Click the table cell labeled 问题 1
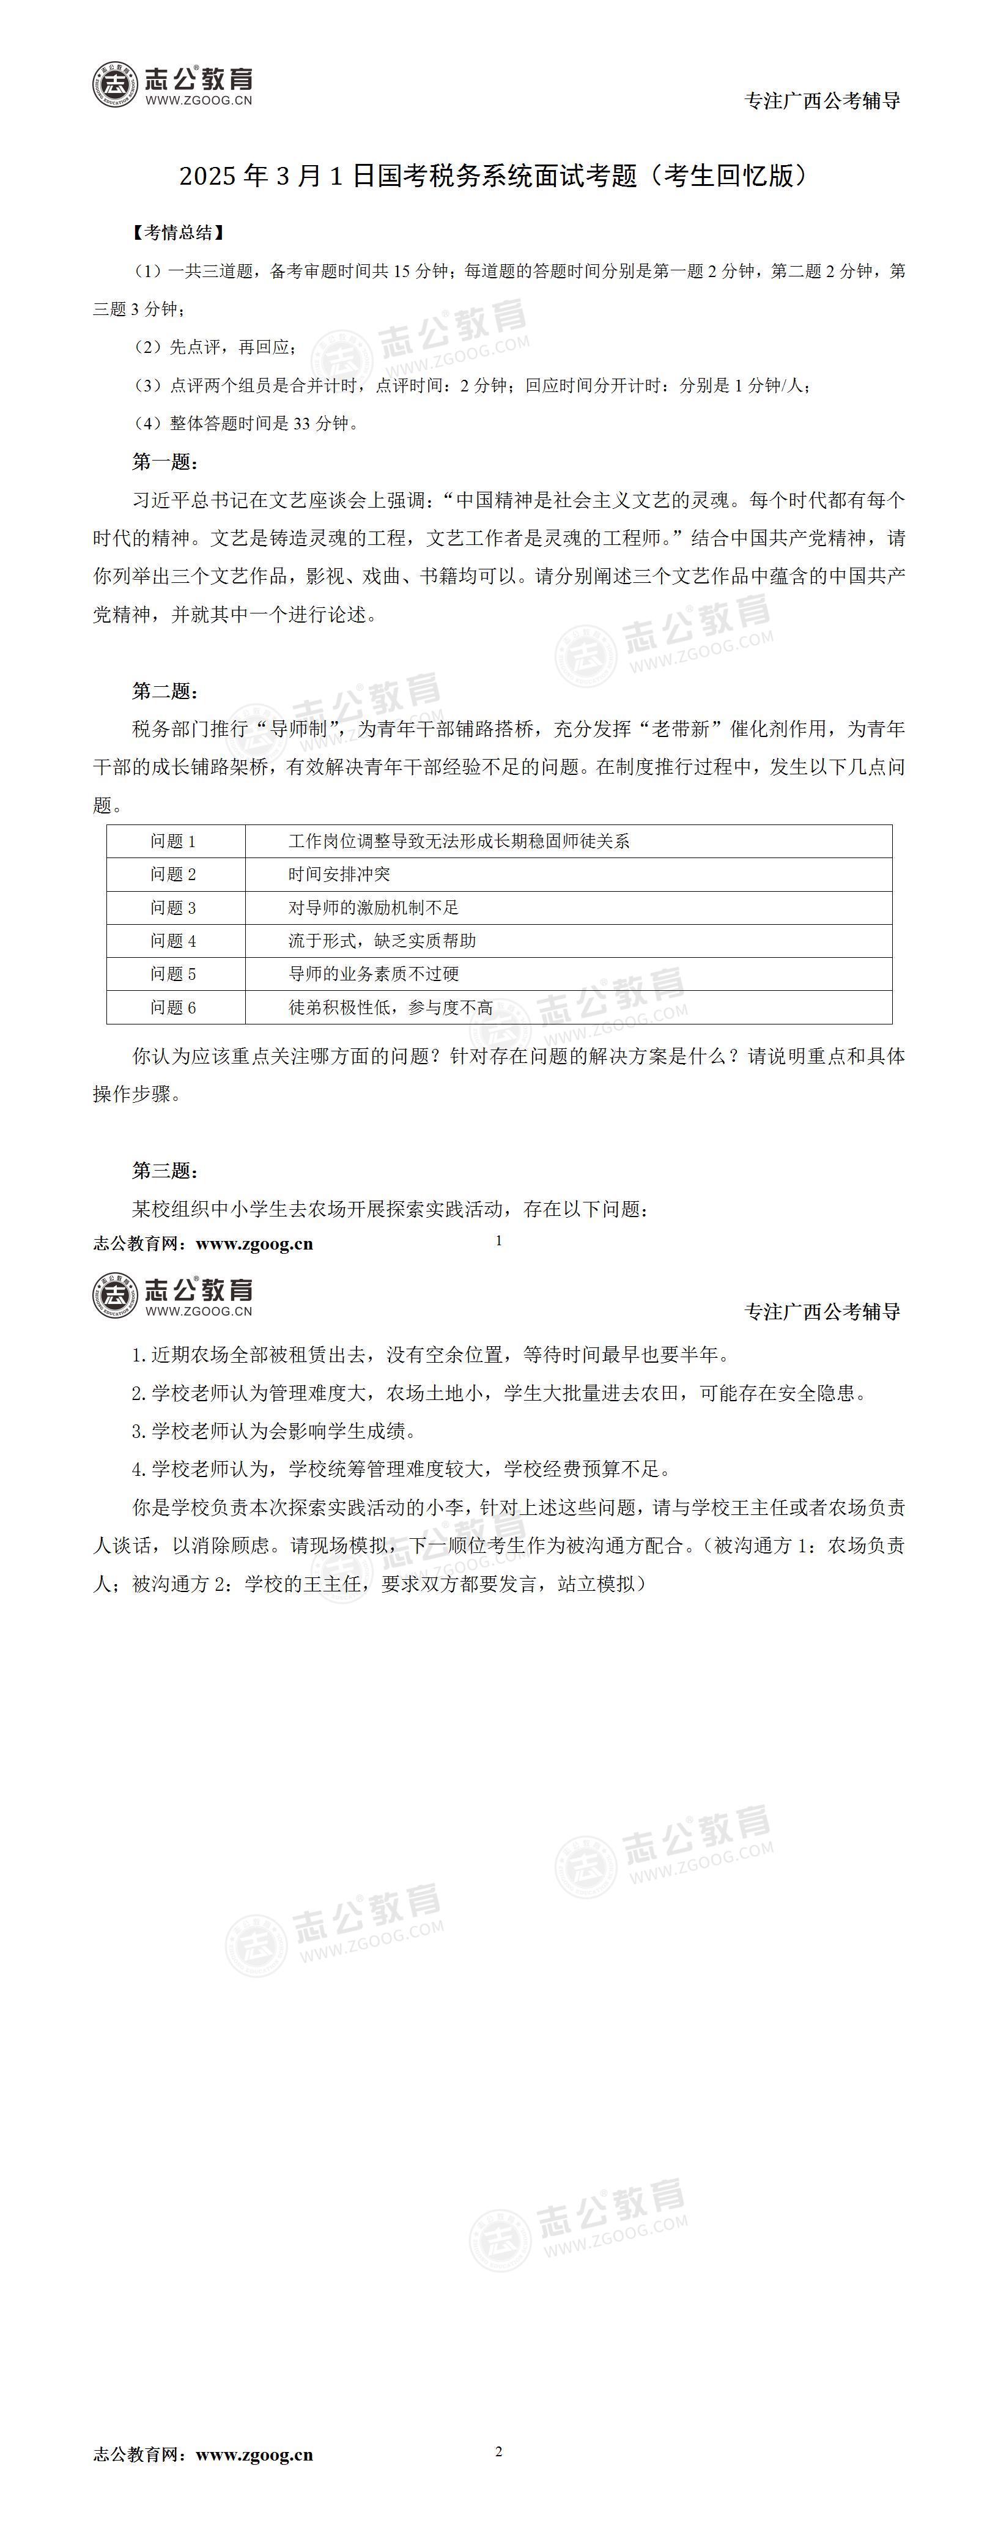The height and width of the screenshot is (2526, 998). [174, 842]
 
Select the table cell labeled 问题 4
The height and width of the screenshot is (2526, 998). [174, 941]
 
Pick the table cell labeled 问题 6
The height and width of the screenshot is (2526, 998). [174, 1008]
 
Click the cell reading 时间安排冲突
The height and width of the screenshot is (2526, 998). [339, 875]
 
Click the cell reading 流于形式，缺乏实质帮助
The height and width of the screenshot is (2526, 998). [382, 941]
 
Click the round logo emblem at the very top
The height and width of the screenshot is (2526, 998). [116, 84]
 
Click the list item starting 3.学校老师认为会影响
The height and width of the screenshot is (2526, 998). [275, 1432]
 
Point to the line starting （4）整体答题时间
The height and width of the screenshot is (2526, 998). [246, 424]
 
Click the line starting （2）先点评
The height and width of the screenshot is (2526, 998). [213, 347]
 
